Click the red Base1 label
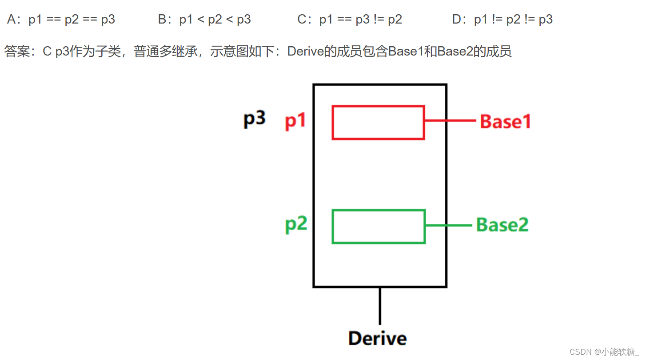505,121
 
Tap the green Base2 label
502,225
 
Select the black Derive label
377,339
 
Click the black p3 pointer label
254,119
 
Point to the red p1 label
295,120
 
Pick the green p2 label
296,224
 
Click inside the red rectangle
378,123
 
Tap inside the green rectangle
379,227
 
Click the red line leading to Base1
450,121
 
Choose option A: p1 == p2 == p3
61,20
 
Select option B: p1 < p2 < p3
204,20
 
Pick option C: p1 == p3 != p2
350,20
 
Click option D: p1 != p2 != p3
502,20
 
